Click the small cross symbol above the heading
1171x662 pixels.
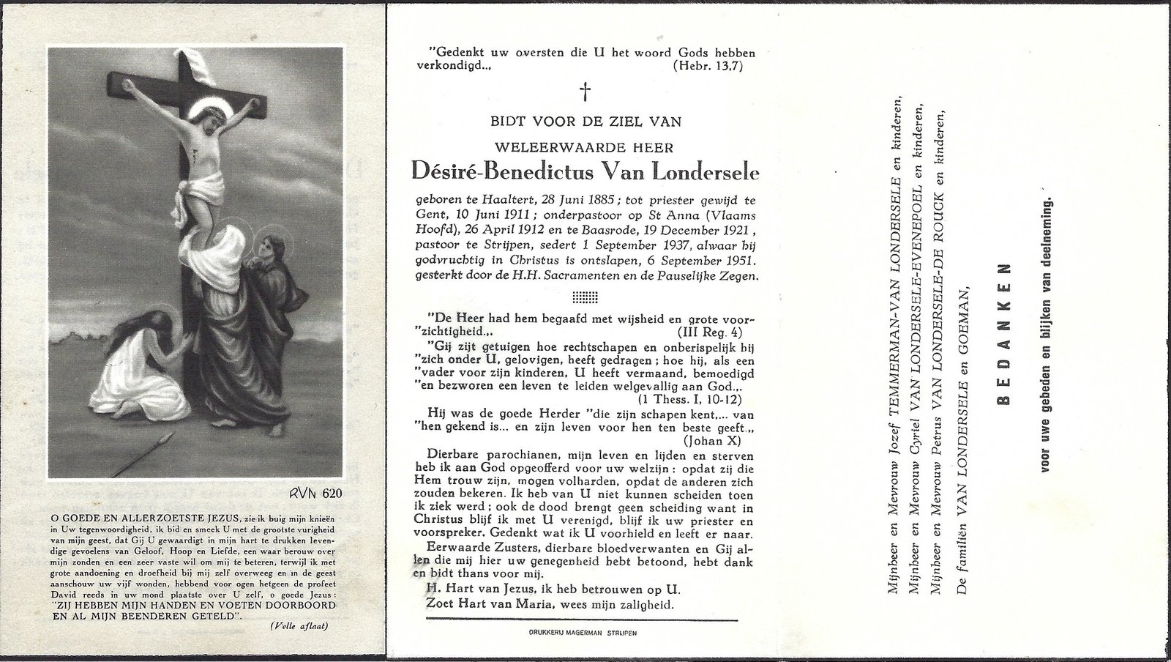585,92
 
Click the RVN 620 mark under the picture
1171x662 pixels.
315,493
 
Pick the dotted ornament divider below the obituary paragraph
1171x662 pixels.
584,297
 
